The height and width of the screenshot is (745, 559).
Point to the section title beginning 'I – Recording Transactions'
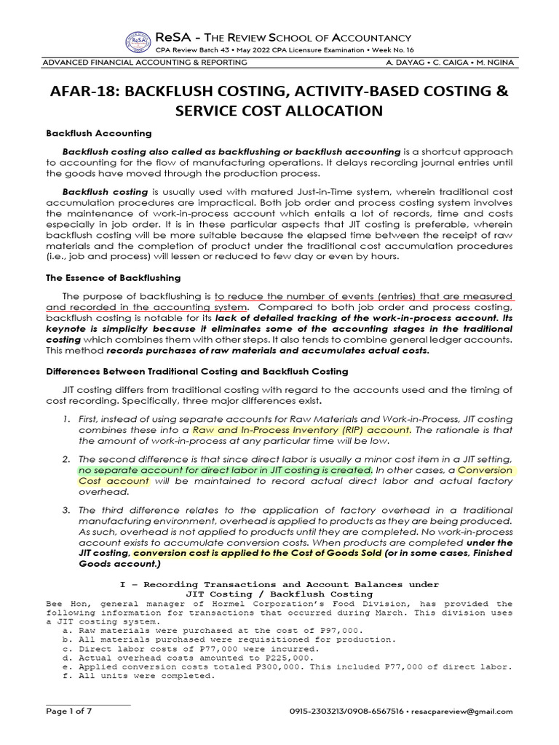[x=279, y=584]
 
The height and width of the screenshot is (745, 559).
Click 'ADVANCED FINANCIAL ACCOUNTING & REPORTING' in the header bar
[x=146, y=63]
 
